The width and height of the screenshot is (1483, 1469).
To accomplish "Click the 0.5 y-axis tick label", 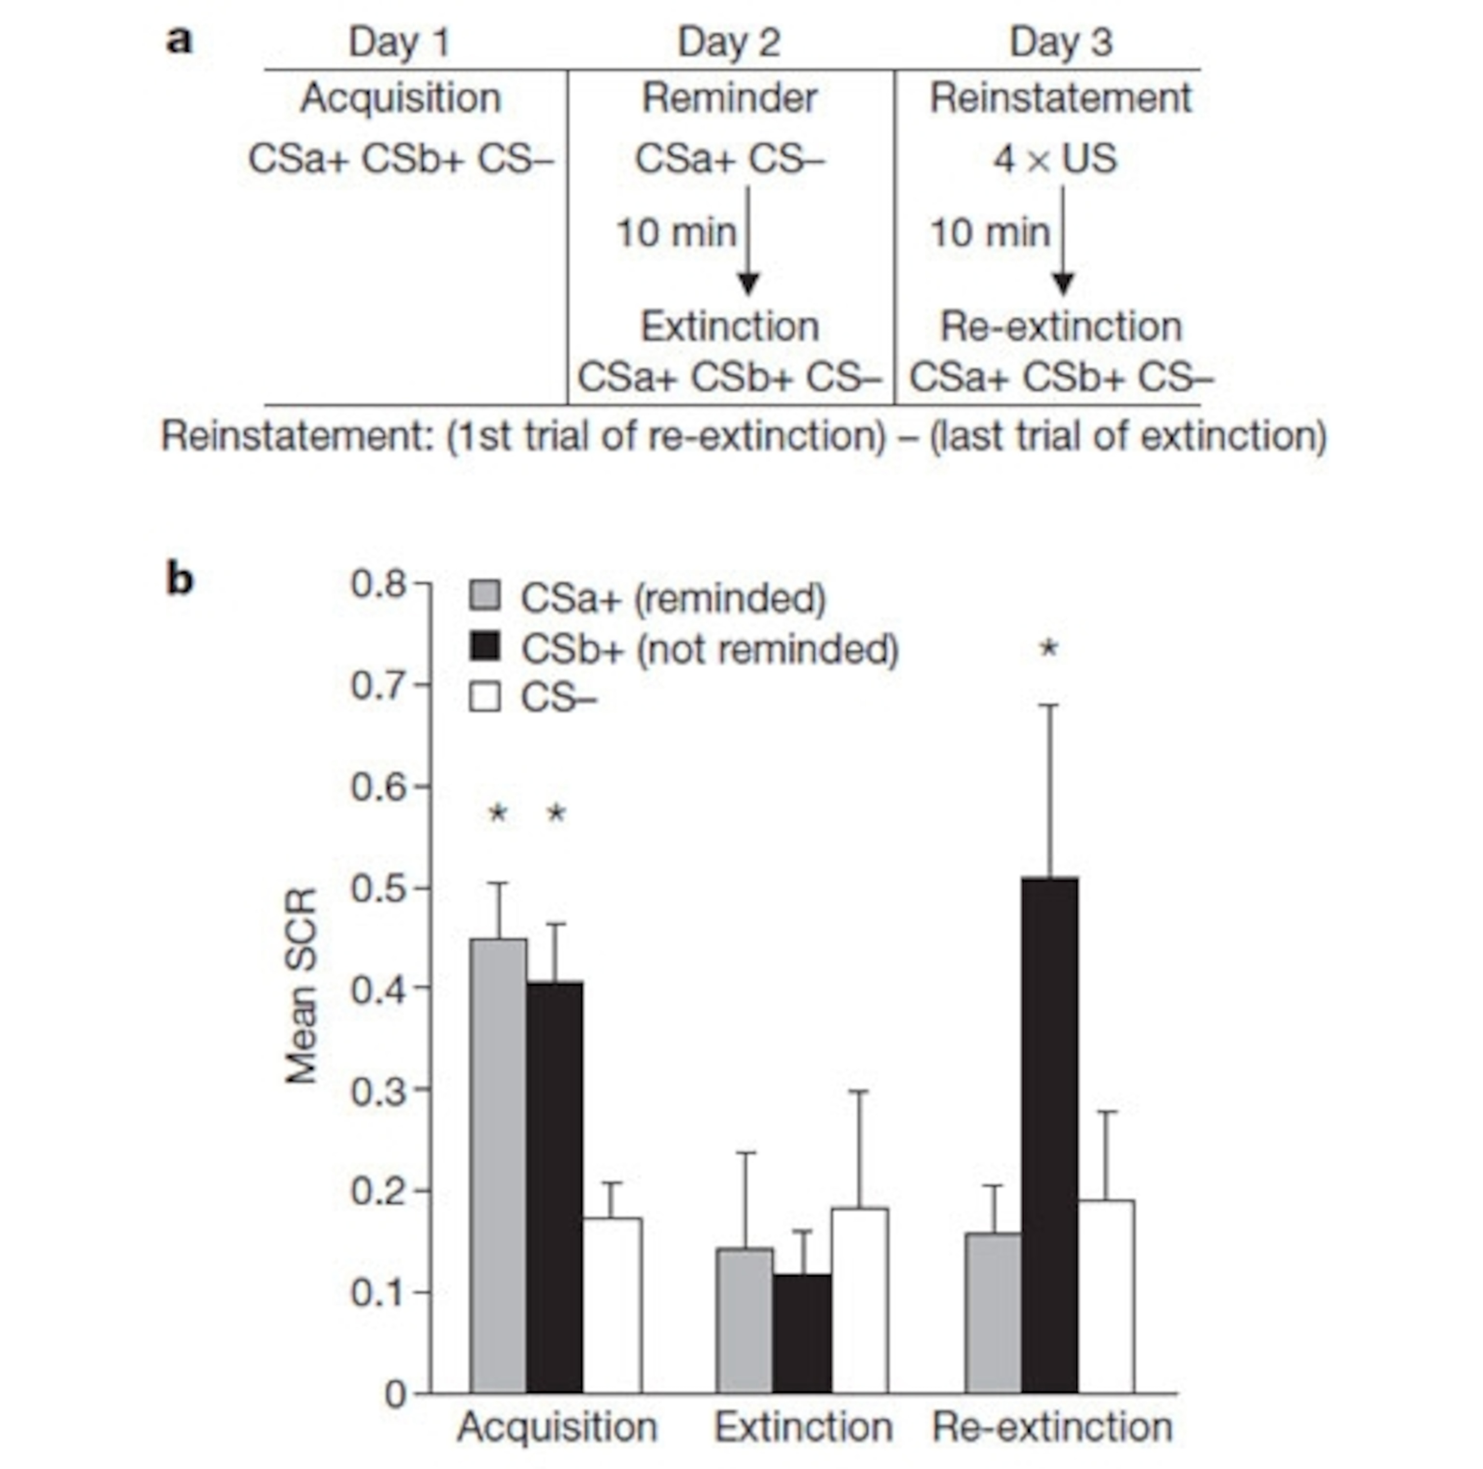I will coord(378,888).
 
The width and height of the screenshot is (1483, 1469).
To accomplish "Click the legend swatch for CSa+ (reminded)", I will coord(484,596).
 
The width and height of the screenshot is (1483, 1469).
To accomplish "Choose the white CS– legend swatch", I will coord(484,697).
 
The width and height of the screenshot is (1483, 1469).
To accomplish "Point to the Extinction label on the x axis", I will coord(803,1427).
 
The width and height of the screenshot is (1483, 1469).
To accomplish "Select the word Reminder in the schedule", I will coord(729,98).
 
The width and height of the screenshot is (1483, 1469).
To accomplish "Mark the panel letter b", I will coord(180,580).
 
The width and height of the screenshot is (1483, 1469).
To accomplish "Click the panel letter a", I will coord(180,40).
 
